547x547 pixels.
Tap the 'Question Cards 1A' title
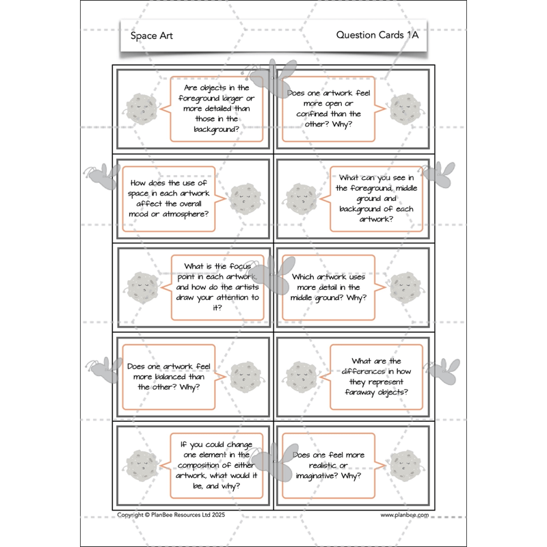(x=377, y=36)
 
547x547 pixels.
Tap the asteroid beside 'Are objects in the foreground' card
(x=143, y=109)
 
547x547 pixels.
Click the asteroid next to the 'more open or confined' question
(x=405, y=108)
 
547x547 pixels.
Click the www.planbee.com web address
(x=404, y=516)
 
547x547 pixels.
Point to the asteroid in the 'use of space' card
(x=244, y=198)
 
